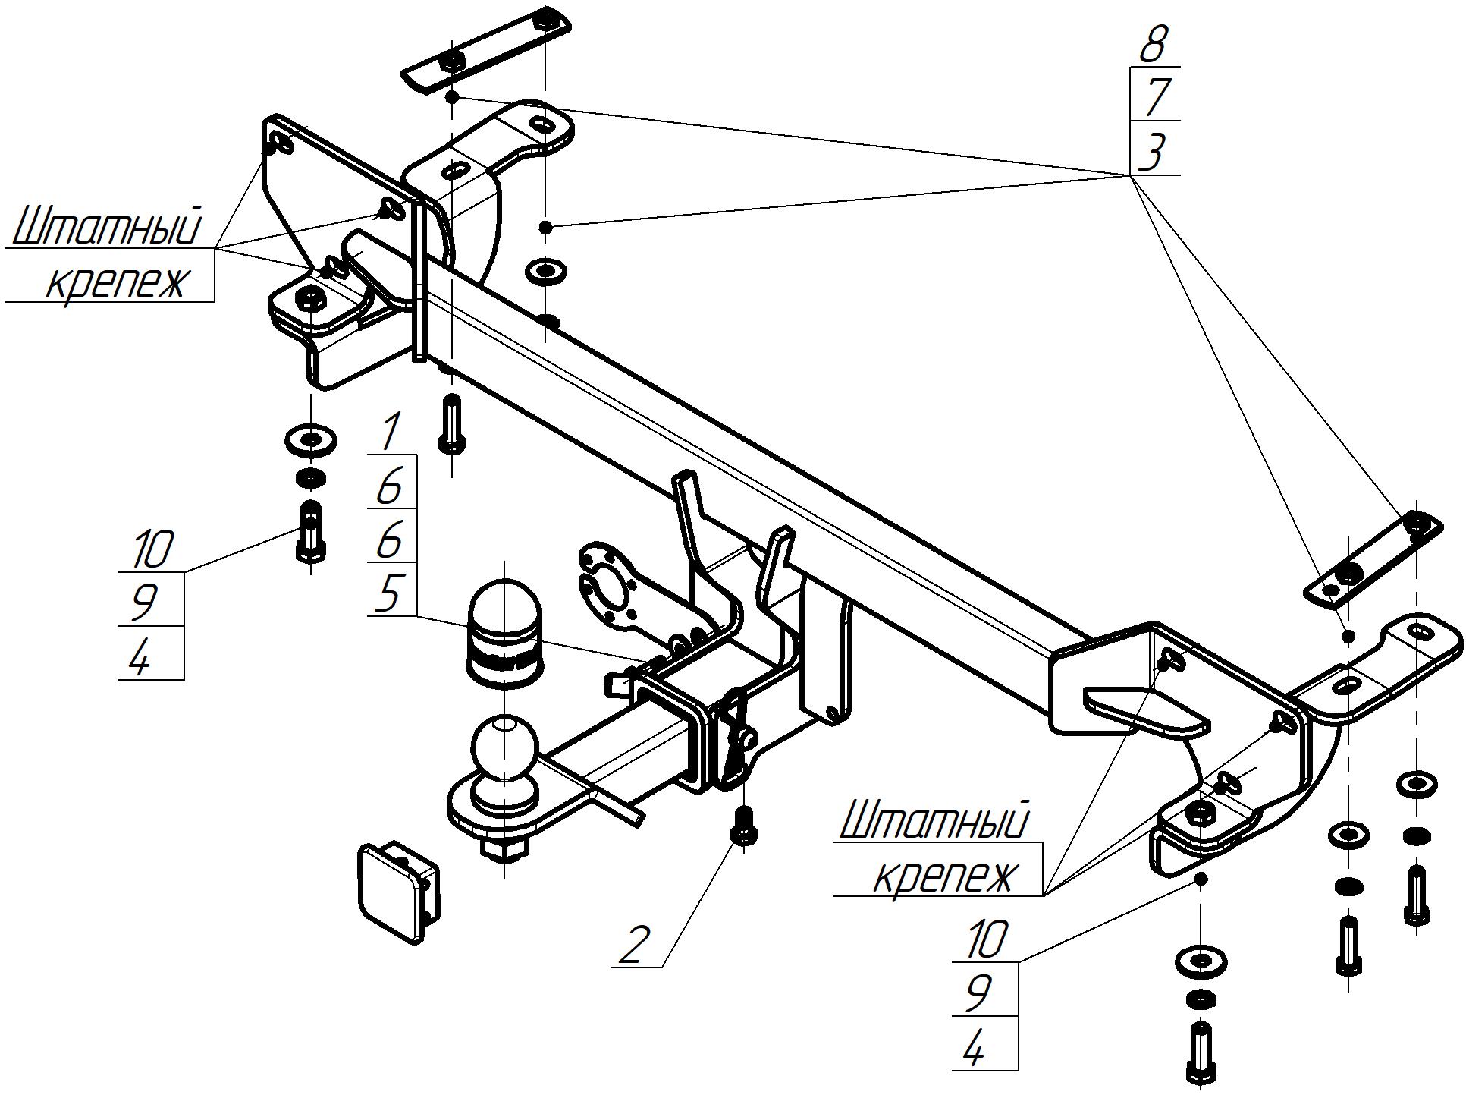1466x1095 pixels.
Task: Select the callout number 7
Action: pos(1154,96)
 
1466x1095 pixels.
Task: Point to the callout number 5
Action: pos(388,593)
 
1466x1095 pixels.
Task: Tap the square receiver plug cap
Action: pos(397,891)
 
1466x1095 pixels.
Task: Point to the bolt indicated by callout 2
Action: pos(744,828)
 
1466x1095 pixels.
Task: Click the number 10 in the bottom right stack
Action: pos(986,939)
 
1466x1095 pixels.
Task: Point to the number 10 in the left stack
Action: pos(152,549)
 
